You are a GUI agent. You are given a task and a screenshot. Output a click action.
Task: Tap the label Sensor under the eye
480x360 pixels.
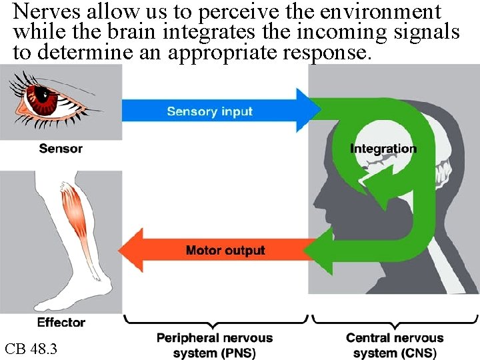[x=61, y=149]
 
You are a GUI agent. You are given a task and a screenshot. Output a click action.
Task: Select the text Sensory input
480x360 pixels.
[x=209, y=111]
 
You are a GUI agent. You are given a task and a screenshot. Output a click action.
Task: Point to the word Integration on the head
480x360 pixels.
[x=383, y=149]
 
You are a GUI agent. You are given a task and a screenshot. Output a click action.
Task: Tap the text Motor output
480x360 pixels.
[x=225, y=251]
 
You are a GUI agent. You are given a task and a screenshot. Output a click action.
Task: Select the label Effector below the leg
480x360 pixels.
[x=61, y=323]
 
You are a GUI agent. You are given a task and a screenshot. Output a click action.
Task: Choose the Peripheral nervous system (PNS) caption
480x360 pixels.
[x=215, y=345]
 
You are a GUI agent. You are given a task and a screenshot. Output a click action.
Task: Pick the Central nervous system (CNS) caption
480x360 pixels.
[x=395, y=345]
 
